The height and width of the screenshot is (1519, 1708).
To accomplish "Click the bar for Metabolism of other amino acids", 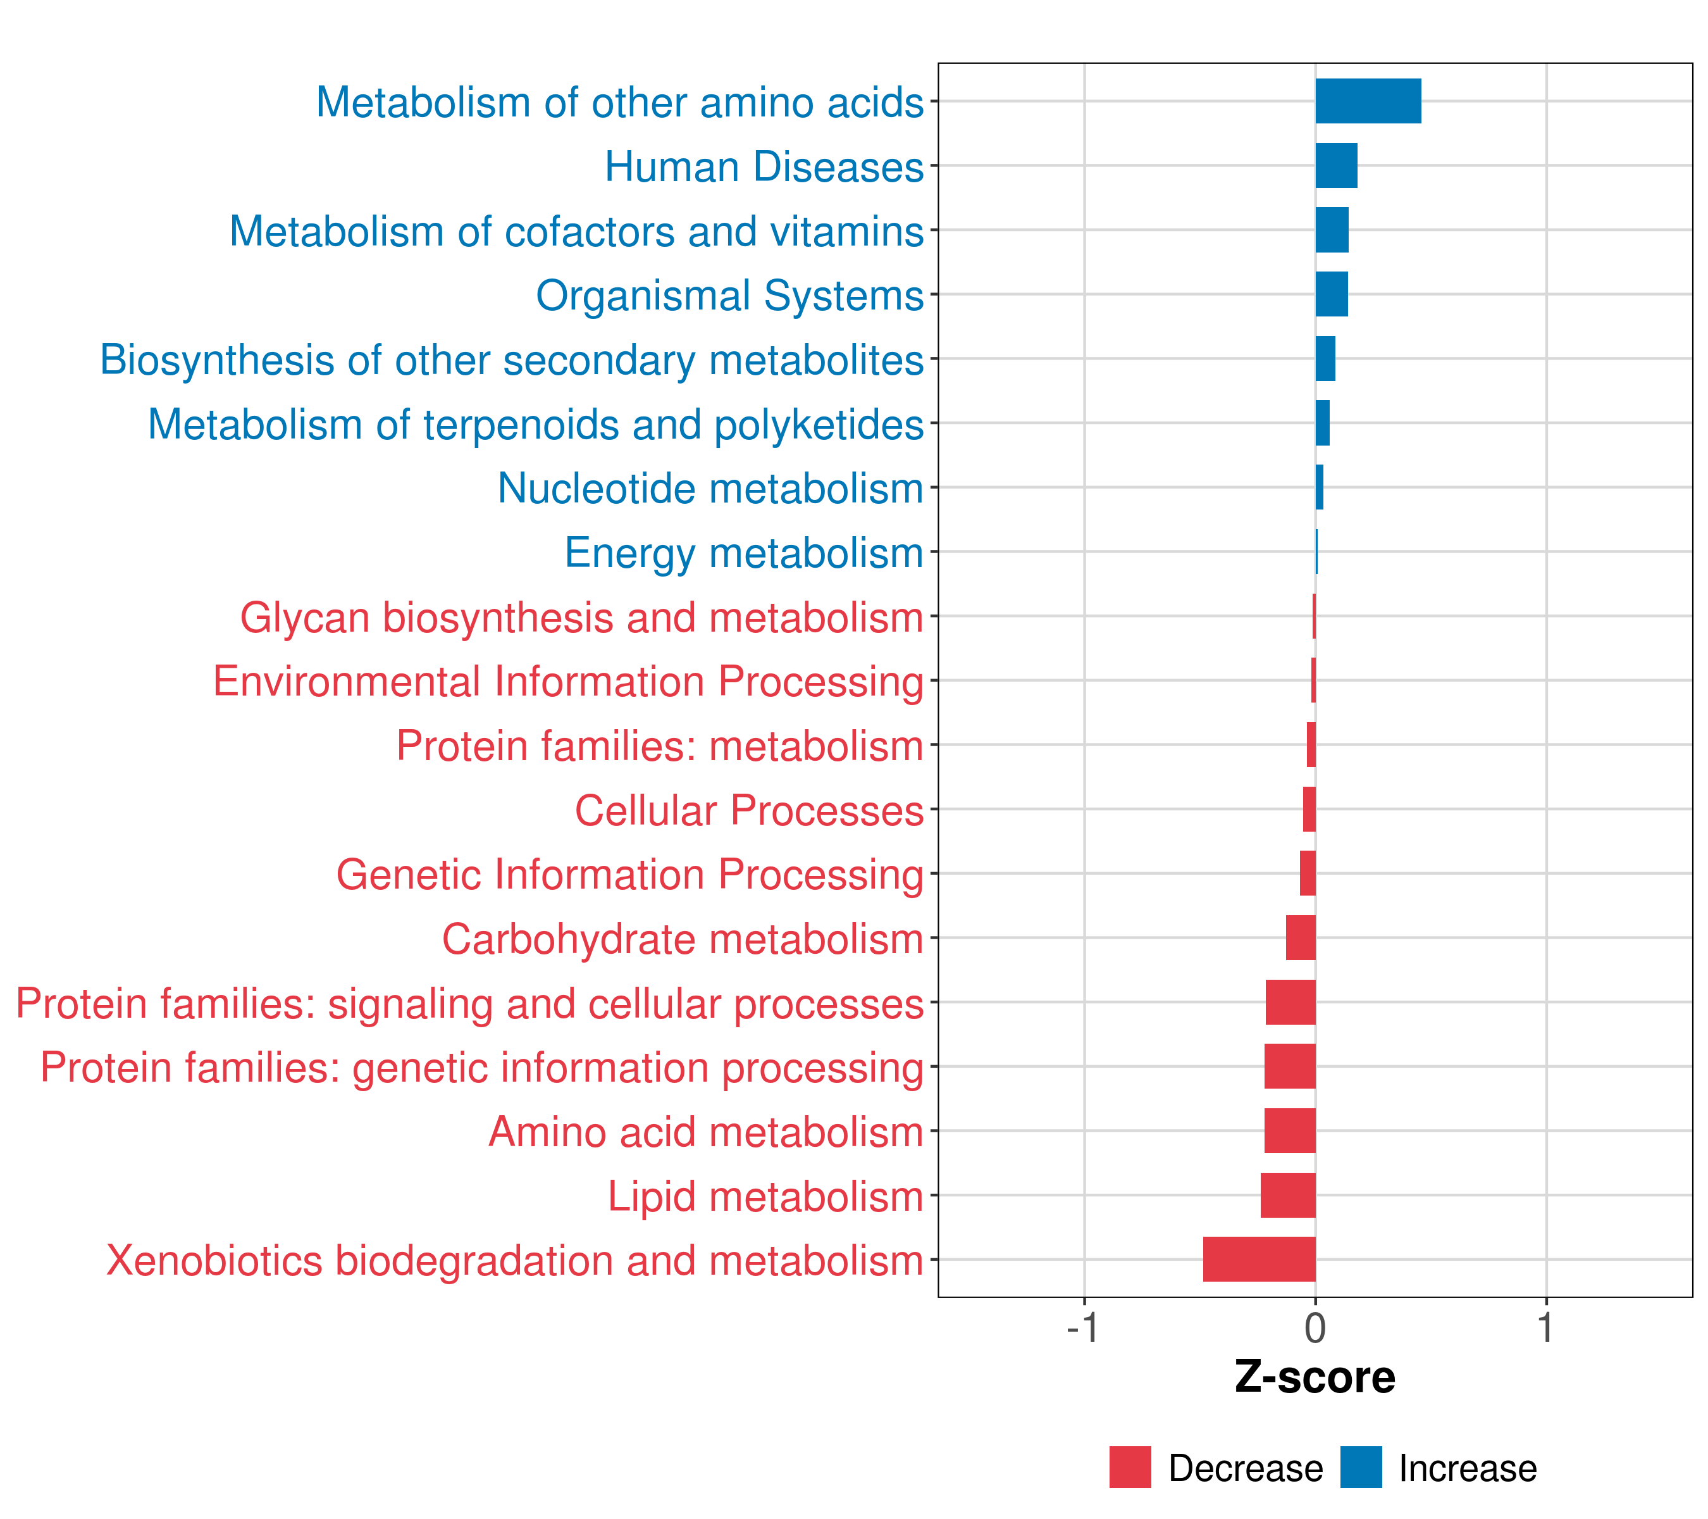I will (1368, 101).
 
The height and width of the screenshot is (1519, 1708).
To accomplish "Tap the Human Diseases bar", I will (1336, 166).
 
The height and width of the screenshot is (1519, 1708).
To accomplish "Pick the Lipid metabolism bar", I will (1288, 1195).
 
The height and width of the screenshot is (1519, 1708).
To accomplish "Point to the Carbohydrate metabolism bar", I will (1300, 938).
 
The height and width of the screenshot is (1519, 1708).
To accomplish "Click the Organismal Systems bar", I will (1331, 294).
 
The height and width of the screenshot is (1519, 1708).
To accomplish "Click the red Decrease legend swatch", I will (1130, 1467).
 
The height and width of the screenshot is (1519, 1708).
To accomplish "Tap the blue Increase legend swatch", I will (1360, 1467).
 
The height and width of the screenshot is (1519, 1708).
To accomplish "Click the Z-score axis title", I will (1315, 1377).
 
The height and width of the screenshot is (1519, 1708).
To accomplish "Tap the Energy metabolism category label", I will (744, 553).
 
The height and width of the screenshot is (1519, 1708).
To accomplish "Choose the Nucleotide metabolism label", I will (710, 488).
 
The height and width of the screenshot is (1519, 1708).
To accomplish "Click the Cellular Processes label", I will (749, 810).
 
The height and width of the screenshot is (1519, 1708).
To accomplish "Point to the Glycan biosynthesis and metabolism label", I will (581, 618).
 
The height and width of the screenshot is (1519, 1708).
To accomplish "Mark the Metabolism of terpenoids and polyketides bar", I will (1322, 423).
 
